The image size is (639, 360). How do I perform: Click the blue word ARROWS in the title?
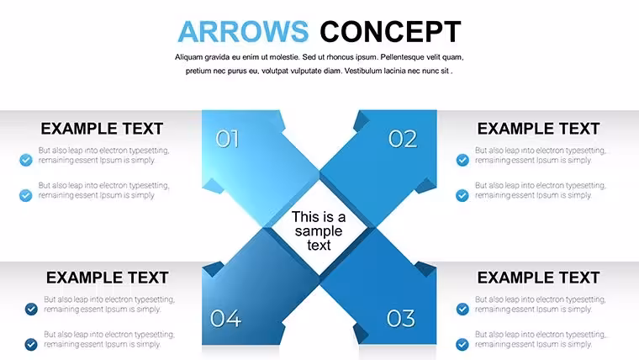coord(243,31)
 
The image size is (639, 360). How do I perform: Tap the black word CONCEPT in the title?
coord(390,31)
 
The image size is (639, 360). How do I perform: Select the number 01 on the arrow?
coord(227,139)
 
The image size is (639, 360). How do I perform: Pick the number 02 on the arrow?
coord(403,139)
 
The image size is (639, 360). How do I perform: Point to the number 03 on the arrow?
coord(401,319)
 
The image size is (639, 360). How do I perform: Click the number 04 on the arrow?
coord(226,319)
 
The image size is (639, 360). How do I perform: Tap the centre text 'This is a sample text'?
coord(319,230)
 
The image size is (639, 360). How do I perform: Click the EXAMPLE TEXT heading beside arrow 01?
coord(102,129)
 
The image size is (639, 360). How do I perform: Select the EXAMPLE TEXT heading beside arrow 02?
coord(538,129)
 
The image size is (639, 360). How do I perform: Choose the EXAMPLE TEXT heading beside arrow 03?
coord(538,278)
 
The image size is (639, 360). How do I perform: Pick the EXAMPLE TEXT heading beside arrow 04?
coord(107,278)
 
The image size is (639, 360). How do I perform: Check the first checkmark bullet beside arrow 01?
coord(26,160)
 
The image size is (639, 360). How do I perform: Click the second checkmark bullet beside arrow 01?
coord(26,195)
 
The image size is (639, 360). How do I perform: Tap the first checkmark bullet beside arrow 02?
coord(462,160)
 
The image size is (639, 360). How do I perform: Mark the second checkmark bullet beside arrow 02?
coord(462,195)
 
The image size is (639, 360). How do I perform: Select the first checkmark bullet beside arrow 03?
coord(462,309)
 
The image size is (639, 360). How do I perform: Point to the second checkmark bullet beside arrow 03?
coord(462,345)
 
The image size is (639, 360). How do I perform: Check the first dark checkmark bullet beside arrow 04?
coord(31,309)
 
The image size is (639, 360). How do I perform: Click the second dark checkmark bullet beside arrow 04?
coord(31,345)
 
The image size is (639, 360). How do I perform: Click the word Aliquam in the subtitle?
coord(188,57)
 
